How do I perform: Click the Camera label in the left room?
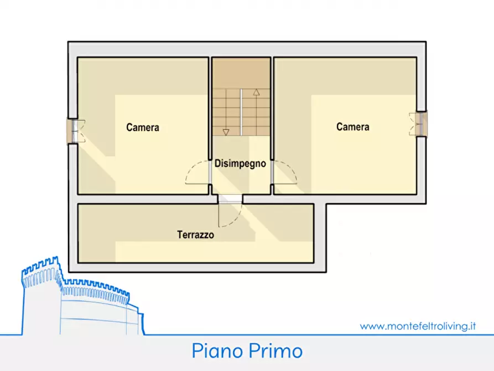pos(143,127)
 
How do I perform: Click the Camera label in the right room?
pos(353,127)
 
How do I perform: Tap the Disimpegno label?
pos(241,164)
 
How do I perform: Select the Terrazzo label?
pos(195,235)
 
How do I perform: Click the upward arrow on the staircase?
pos(257,93)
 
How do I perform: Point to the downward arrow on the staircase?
pos(226,131)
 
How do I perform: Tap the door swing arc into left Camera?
pos(195,172)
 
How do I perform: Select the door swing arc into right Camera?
pos(287,172)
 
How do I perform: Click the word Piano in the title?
pos(219,351)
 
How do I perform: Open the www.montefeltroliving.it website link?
pos(418,326)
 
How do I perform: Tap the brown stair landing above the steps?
pos(242,73)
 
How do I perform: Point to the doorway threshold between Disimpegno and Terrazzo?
pos(230,199)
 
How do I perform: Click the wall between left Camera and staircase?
pos(211,111)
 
